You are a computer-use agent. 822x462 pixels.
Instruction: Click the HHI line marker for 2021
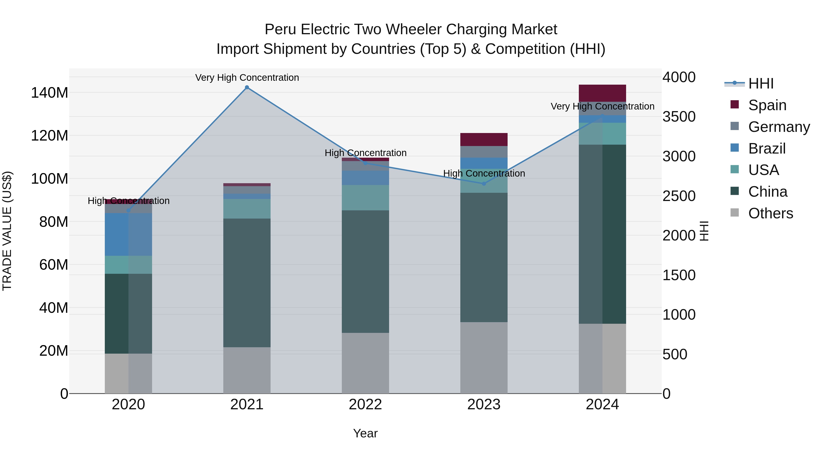(247, 87)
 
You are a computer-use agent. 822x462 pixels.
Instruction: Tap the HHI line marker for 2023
(484, 184)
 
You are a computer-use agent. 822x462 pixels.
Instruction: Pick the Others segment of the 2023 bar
(484, 358)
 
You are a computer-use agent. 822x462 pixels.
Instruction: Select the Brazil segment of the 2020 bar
(128, 234)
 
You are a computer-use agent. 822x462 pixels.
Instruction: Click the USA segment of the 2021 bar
(247, 209)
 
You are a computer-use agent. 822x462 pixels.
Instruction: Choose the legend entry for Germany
(779, 127)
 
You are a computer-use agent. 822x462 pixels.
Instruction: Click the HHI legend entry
(761, 84)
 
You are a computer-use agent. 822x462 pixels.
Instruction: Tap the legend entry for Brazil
(767, 149)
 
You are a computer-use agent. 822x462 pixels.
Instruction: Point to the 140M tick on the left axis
(50, 93)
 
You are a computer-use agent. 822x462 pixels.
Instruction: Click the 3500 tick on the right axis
(679, 117)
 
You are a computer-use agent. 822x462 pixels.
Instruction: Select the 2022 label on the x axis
(365, 405)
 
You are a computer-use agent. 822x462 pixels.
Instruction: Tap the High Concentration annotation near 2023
(484, 173)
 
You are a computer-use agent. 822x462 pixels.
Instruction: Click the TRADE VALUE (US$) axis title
(7, 231)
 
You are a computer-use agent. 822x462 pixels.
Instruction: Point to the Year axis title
(365, 433)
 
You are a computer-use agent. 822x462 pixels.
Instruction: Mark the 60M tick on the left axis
(54, 265)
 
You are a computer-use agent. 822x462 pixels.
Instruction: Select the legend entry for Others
(770, 213)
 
